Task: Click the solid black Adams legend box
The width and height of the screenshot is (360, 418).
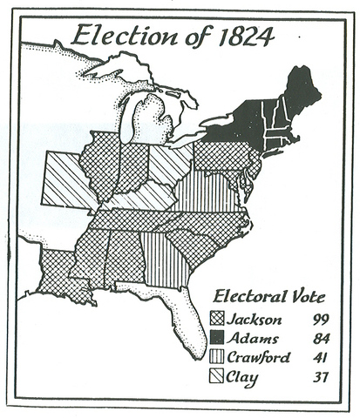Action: [x=218, y=338]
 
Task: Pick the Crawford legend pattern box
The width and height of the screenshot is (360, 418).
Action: [x=218, y=357]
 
